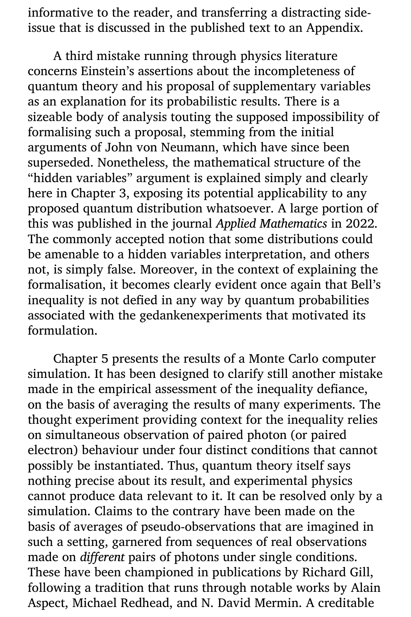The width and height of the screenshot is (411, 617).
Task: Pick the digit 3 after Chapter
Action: [121, 193]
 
